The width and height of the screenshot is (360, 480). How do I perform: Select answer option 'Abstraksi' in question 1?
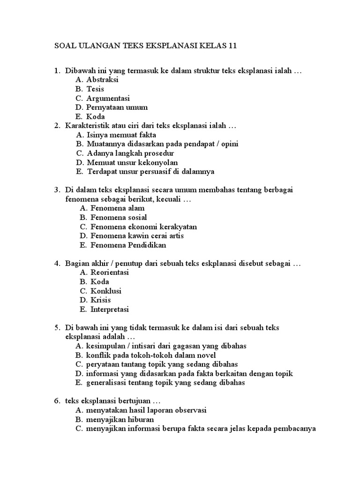102,80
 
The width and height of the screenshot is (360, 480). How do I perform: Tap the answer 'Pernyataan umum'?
117,107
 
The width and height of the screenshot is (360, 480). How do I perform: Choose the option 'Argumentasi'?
108,98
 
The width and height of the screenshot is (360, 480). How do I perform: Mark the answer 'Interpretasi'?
109,309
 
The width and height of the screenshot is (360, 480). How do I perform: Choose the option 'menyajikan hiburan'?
120,420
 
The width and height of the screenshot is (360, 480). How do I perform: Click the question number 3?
56,190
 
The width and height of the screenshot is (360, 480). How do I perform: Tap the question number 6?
56,401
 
